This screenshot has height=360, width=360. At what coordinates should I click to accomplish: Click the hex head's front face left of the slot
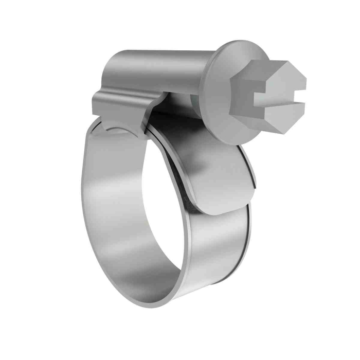tap(247, 93)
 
